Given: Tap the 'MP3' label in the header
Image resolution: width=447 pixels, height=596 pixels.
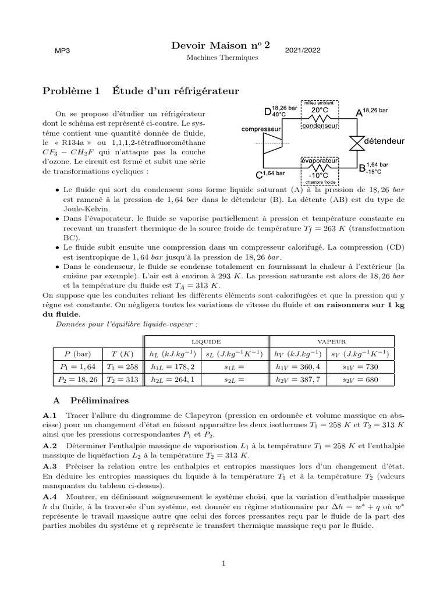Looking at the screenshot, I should click(62, 51).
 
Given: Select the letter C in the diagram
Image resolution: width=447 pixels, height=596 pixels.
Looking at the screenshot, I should click(260, 174).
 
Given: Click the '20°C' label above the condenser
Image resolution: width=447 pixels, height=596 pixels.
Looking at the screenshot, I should click(320, 109).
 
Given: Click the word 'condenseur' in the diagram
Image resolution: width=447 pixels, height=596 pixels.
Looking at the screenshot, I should click(321, 125).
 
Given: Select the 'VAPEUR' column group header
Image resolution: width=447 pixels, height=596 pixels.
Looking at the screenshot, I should click(332, 342).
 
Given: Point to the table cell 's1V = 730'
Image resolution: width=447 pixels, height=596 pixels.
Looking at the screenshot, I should click(361, 367).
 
